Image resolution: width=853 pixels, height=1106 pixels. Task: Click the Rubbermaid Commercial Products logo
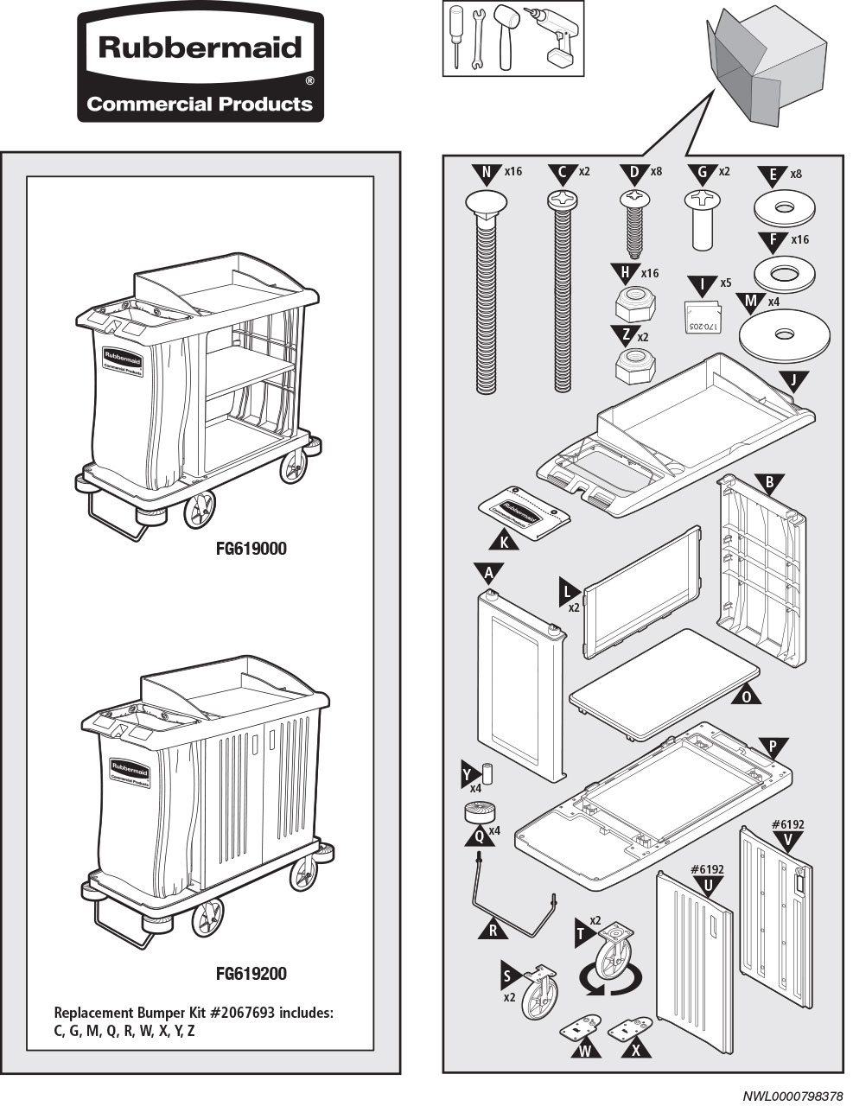tap(201, 67)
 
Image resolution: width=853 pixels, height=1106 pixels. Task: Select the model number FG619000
tap(251, 549)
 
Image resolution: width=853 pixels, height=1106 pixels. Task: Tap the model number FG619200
tap(251, 974)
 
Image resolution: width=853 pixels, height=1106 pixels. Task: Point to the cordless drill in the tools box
tap(559, 36)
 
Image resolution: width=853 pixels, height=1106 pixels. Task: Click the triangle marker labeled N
tap(487, 174)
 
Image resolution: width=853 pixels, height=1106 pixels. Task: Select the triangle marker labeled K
tap(503, 542)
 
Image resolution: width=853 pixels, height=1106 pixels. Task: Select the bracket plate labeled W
tap(581, 1029)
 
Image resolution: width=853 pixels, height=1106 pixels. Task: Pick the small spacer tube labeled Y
tap(487, 772)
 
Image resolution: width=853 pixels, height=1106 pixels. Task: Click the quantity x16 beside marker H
tap(649, 273)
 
